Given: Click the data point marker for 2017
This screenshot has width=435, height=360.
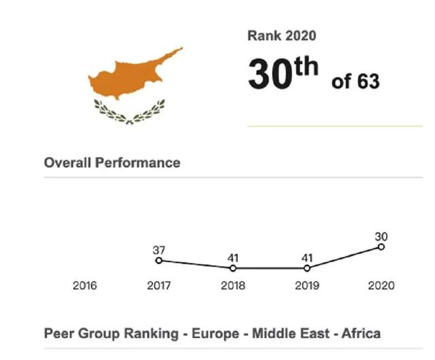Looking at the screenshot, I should coord(159,260).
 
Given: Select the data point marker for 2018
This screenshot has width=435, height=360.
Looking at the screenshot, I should coord(233,268).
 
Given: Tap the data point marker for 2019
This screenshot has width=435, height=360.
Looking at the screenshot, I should coord(307,268).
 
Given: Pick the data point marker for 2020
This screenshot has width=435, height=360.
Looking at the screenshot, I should coord(381,247).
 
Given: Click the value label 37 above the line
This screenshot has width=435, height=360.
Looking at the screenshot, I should coord(159,250).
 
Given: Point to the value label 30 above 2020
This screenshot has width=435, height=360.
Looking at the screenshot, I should coord(381,236).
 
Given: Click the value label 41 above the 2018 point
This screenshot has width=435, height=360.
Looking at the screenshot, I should coord(233,258).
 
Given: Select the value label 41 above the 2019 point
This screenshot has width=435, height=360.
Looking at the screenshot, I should coord(307,258).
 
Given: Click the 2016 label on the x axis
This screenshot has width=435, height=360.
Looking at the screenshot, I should coord(85,286).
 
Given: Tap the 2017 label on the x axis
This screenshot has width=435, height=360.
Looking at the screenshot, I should coord(159,286).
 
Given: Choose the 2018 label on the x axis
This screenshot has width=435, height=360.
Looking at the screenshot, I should coord(233,286).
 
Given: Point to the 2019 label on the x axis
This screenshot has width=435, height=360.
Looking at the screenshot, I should coord(307,286).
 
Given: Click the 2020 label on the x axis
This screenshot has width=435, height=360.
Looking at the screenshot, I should coord(381,286).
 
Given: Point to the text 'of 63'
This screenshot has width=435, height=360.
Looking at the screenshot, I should coord(355,82).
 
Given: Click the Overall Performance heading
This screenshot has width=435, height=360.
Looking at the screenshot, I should coord(112,163).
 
